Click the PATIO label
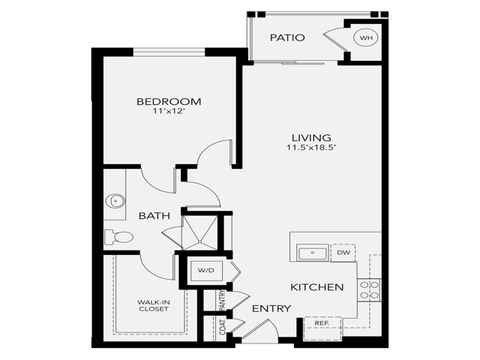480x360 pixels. pos(287,37)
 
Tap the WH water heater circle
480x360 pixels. pos(366,37)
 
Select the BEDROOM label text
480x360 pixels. pos(169,101)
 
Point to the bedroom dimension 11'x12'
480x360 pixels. pos(169,112)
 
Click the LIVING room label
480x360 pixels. pos(312,137)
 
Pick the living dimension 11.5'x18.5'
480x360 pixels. pos(312,148)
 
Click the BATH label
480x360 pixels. pos(154,215)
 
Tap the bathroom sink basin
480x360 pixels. pos(115,200)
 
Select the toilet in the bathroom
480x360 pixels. pos(120,237)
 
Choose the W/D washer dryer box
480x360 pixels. pos(206,269)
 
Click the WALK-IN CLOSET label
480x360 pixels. pos(152,306)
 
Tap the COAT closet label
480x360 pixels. pos(222,325)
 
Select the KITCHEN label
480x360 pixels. pos(316,287)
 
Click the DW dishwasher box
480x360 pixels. pos(343,253)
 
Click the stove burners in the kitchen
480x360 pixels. pos(370,289)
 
